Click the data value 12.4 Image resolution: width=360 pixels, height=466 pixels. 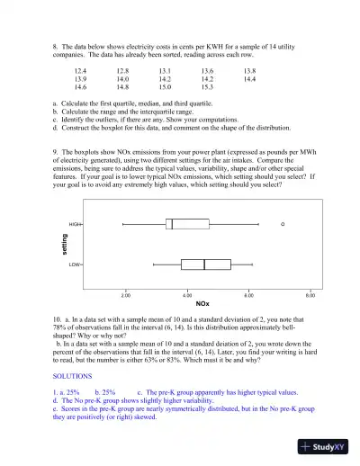(80, 69)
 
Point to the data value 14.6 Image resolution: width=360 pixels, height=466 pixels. (80, 87)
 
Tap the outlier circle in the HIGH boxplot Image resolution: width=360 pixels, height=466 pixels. (283, 223)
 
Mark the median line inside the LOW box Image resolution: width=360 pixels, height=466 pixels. (204, 264)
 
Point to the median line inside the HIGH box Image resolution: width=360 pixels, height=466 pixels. (172, 223)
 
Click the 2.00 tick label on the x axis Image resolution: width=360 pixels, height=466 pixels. (126, 295)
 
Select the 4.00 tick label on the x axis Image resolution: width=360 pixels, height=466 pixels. (187, 295)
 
